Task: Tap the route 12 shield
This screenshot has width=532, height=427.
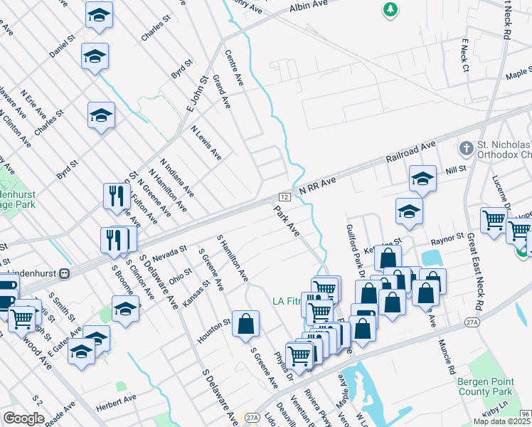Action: pyautogui.click(x=284, y=196)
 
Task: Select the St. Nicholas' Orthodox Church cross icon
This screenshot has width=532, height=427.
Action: pyautogui.click(x=466, y=149)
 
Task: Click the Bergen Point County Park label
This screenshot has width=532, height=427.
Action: pyautogui.click(x=484, y=386)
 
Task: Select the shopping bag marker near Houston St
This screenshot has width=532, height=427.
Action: pyautogui.click(x=245, y=324)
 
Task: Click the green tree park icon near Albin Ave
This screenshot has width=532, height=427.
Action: pyautogui.click(x=390, y=9)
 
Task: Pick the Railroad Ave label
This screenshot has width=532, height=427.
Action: pyautogui.click(x=410, y=153)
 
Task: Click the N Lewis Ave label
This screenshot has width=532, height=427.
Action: pyautogui.click(x=206, y=142)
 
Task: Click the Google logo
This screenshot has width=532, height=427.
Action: pyautogui.click(x=23, y=418)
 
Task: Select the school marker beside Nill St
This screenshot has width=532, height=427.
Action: pyautogui.click(x=422, y=180)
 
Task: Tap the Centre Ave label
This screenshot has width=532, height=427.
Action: pyautogui.click(x=234, y=68)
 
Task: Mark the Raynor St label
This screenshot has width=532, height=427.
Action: pyautogui.click(x=451, y=236)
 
